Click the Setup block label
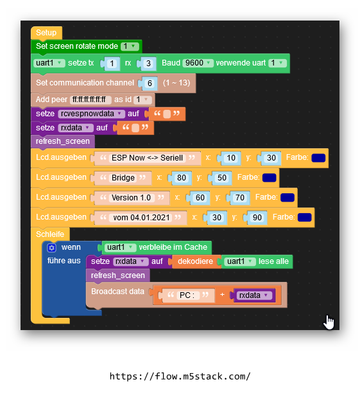point(46,33)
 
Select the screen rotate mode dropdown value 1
point(130,46)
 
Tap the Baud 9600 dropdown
point(198,63)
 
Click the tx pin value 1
point(112,64)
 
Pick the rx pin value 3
point(148,64)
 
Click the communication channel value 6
point(150,83)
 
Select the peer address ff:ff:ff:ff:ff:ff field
point(90,100)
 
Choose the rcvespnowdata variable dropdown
point(91,114)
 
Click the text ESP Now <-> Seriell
point(147,158)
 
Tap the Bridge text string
point(123,178)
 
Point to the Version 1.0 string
point(131,198)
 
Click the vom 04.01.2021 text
point(141,218)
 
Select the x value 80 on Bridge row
point(182,178)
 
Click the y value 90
point(257,218)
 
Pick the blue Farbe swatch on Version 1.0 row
point(287,197)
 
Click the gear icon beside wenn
point(51,248)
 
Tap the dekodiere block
point(195,261)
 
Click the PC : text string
point(187,295)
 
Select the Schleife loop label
point(50,234)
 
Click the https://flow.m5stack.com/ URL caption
point(180,376)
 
